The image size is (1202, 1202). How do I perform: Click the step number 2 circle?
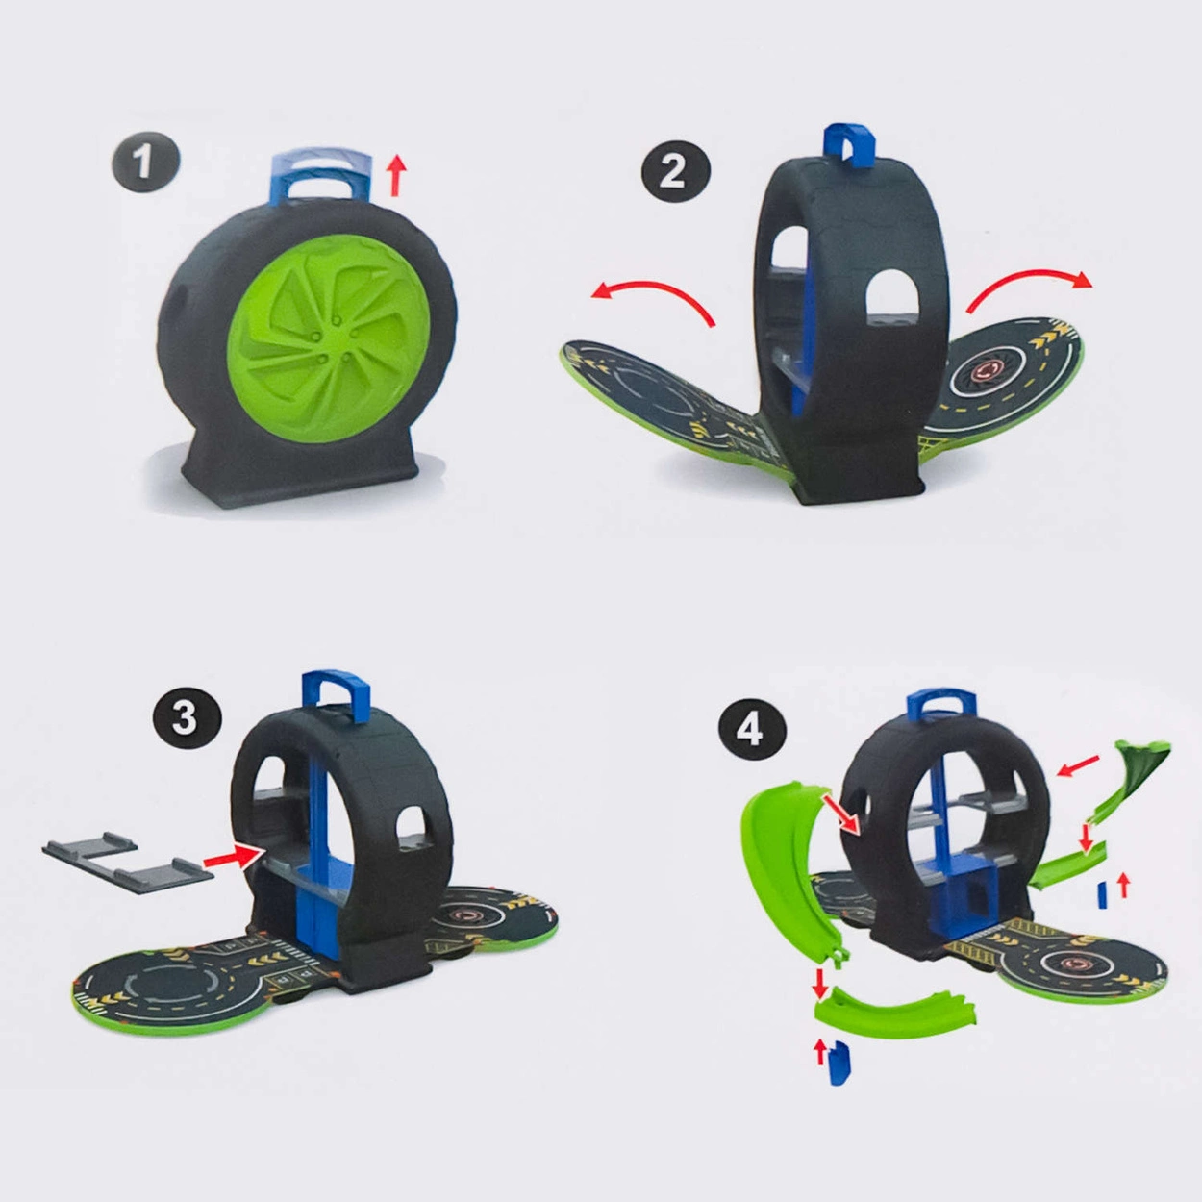point(676,169)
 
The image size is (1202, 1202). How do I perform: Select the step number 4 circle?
point(751,727)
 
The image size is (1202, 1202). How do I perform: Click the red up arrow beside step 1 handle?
point(395,177)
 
